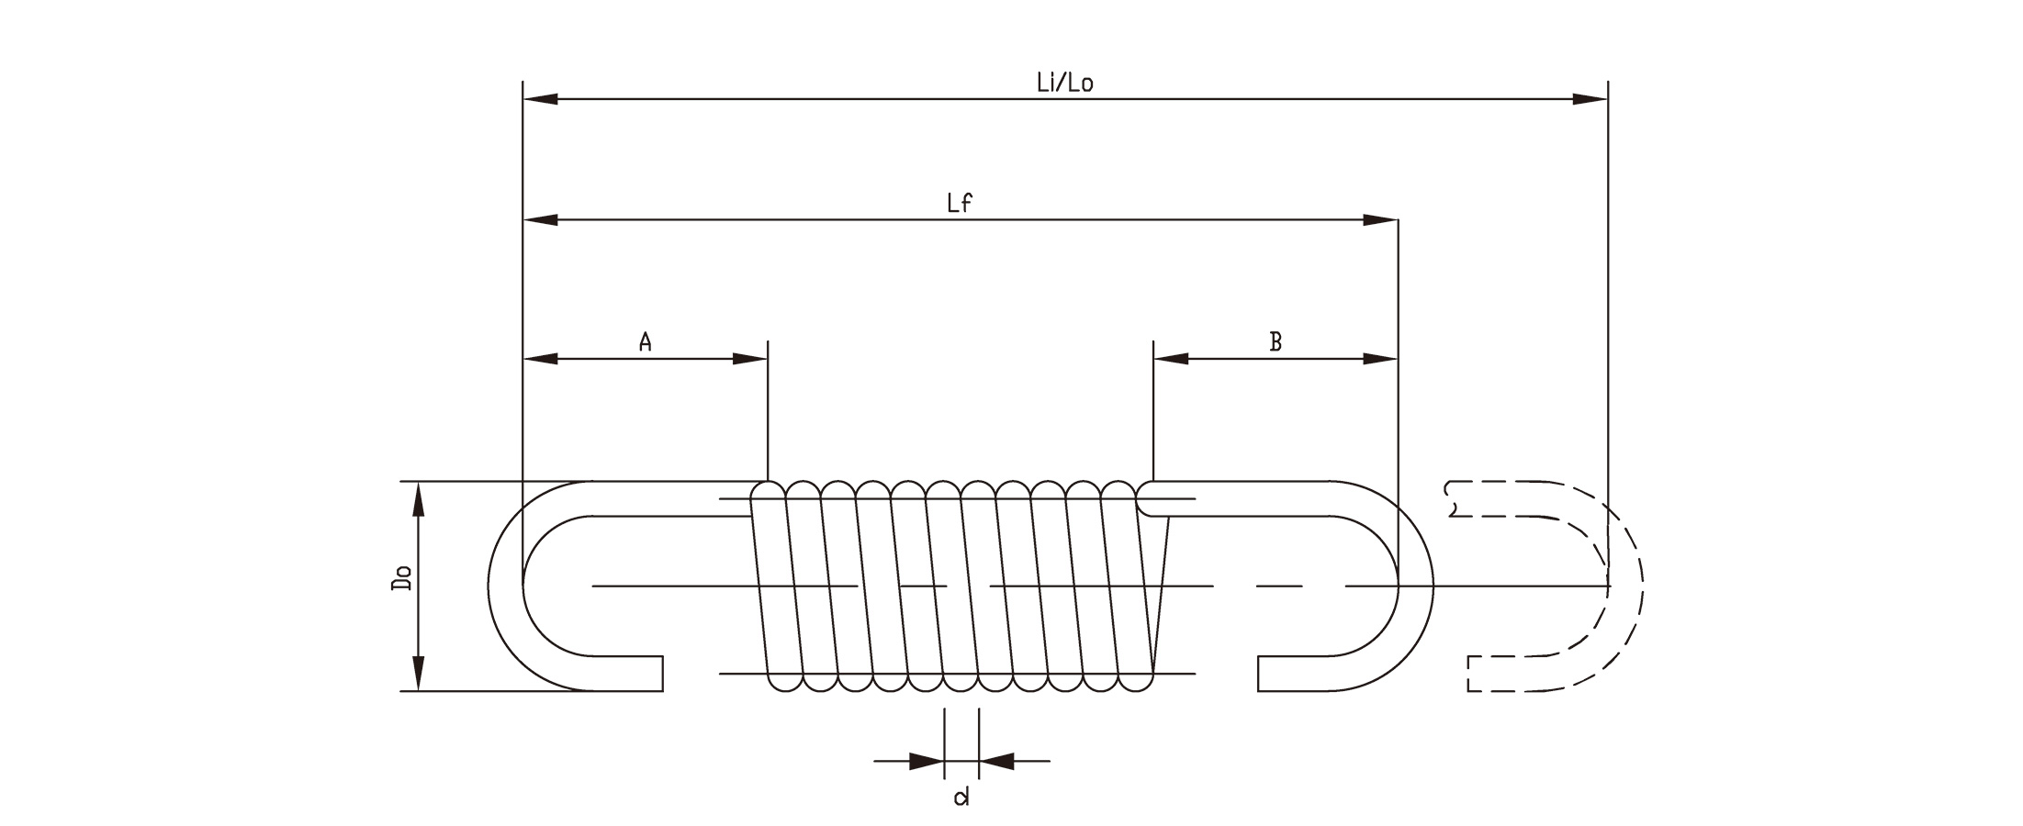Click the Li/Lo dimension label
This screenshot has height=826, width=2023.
(x=1064, y=83)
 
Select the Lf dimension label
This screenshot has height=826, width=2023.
(x=960, y=204)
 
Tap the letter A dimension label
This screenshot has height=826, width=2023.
(x=646, y=342)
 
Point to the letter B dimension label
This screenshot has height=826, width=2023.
(x=1276, y=342)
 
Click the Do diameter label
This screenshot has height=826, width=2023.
(x=401, y=578)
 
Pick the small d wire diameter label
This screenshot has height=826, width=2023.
(x=961, y=797)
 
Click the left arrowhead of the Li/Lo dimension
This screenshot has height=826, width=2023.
(x=541, y=98)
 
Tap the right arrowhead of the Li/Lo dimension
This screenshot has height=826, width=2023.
(x=1590, y=98)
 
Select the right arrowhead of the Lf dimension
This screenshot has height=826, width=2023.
(x=1380, y=220)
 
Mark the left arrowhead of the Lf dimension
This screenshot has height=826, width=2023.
(x=541, y=220)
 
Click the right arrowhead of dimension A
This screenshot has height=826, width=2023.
(x=749, y=359)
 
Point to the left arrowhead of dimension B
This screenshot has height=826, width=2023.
(x=1171, y=359)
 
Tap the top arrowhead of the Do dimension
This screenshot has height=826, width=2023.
(x=419, y=499)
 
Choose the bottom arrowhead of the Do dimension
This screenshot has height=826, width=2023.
(x=419, y=673)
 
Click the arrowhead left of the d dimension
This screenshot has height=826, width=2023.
(x=927, y=761)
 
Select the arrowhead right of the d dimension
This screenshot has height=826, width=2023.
(x=996, y=761)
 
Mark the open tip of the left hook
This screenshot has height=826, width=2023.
(x=662, y=674)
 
